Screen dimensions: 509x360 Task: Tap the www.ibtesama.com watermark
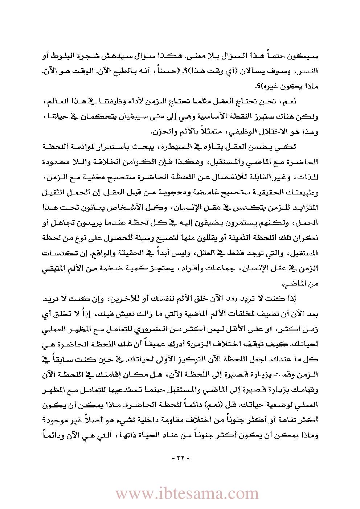[x=187, y=493]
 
